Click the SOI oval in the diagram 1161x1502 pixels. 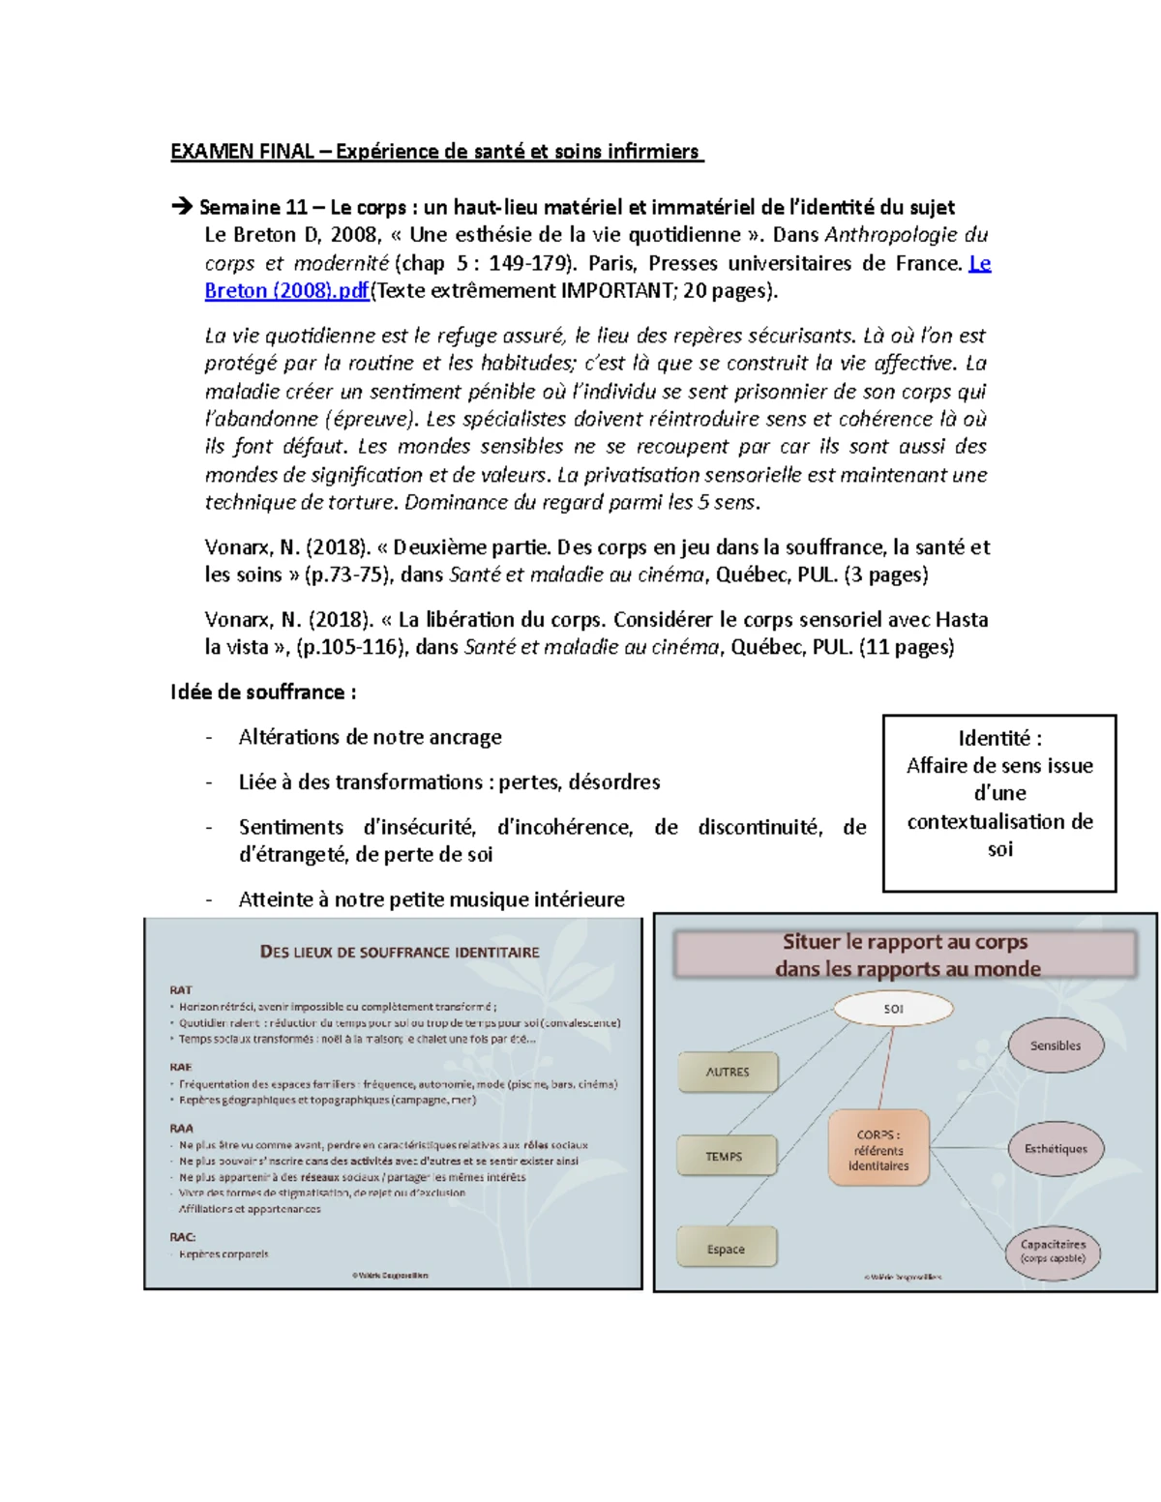tap(893, 1009)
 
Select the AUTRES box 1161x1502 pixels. tap(728, 1072)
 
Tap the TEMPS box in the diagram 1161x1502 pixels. tap(725, 1156)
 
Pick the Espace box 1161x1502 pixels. tap(726, 1249)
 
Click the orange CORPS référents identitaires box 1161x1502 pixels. tap(878, 1150)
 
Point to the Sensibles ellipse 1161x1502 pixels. tap(1055, 1046)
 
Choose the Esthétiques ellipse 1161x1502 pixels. tap(1056, 1149)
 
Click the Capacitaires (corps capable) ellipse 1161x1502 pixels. tap(1053, 1252)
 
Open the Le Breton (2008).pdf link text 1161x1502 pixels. tap(286, 291)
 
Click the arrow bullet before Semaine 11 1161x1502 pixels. tap(181, 206)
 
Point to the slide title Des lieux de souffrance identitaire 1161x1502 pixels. tap(400, 952)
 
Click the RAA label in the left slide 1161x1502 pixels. tap(181, 1128)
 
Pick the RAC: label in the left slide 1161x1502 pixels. tap(183, 1236)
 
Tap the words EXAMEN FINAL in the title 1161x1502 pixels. tap(242, 151)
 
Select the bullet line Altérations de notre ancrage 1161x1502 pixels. tap(371, 737)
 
